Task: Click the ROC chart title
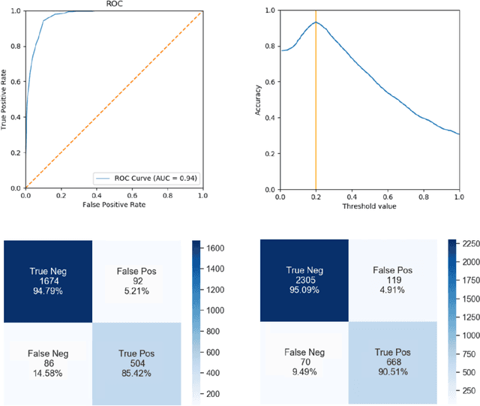(x=113, y=4)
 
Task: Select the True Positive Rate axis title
(x=5, y=98)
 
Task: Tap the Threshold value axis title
(x=370, y=206)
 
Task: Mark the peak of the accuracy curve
(x=316, y=23)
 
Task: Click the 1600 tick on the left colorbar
(x=217, y=246)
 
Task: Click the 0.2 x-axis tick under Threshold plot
(x=316, y=196)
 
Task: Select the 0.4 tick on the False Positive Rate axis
(x=96, y=196)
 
